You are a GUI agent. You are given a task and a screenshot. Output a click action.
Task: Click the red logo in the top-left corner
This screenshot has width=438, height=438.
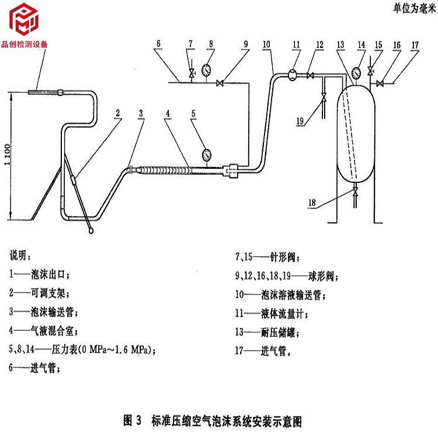tap(24, 19)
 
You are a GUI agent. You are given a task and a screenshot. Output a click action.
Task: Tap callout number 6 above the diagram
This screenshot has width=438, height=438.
tap(158, 44)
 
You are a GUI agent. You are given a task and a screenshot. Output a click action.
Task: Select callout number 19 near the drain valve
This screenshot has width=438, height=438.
tap(300, 121)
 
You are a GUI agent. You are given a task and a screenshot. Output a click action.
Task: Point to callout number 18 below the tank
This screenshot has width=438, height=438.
tap(312, 203)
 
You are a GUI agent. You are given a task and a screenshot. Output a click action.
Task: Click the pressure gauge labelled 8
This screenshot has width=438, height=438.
tap(206, 70)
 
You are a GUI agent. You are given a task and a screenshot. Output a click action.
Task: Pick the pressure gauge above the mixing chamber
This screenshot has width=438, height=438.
tap(206, 155)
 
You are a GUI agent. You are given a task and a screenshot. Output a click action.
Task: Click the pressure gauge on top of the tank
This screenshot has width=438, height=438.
tap(356, 73)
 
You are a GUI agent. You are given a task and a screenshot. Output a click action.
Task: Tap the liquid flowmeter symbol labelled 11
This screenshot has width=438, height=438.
tap(292, 75)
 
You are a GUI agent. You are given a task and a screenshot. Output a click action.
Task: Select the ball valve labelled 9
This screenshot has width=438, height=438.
tap(220, 83)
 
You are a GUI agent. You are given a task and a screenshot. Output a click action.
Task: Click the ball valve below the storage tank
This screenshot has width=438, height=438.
tap(355, 192)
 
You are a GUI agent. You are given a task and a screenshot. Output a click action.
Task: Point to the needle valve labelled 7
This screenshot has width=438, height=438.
tap(192, 73)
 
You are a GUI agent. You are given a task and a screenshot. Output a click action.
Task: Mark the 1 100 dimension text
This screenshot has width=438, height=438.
tap(8, 155)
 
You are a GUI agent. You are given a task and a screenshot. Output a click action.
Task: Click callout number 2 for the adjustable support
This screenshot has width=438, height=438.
tap(117, 113)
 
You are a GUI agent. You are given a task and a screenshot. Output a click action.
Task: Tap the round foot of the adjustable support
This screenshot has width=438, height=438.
tap(91, 231)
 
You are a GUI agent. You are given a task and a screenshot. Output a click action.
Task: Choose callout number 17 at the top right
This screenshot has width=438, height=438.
tap(415, 45)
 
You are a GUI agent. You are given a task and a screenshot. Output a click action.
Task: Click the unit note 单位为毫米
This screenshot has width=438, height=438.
tap(415, 8)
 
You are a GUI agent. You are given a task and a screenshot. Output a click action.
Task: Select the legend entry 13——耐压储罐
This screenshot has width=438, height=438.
tap(267, 332)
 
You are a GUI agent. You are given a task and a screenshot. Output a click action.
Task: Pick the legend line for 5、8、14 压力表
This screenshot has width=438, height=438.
tap(82, 349)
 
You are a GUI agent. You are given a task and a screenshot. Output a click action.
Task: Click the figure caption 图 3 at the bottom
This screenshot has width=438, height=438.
tap(213, 420)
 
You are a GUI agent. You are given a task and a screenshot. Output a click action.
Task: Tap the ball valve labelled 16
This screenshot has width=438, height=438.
tap(380, 84)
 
